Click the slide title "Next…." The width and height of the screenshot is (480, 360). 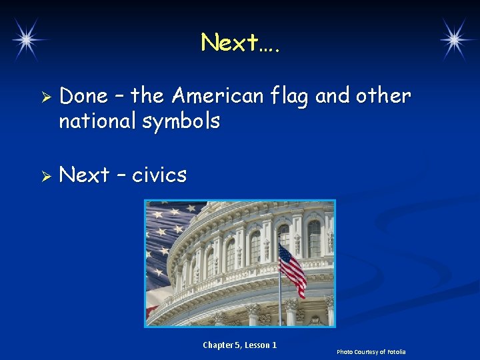pyautogui.click(x=241, y=43)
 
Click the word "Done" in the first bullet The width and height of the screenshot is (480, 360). pyautogui.click(x=83, y=96)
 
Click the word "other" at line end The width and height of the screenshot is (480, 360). pyautogui.click(x=383, y=96)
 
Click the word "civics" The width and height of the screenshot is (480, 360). pyautogui.click(x=159, y=175)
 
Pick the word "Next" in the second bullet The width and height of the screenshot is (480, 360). pyautogui.click(x=84, y=175)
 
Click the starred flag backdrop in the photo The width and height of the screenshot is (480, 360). pyautogui.click(x=163, y=233)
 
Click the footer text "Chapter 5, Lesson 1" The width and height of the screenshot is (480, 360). pyautogui.click(x=239, y=345)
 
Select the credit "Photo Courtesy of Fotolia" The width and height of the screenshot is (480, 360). pyautogui.click(x=371, y=351)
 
